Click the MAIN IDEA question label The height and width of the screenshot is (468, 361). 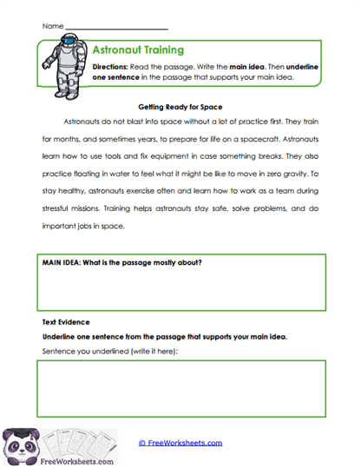pyautogui.click(x=121, y=262)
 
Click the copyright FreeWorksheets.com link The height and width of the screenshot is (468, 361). pyautogui.click(x=180, y=443)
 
